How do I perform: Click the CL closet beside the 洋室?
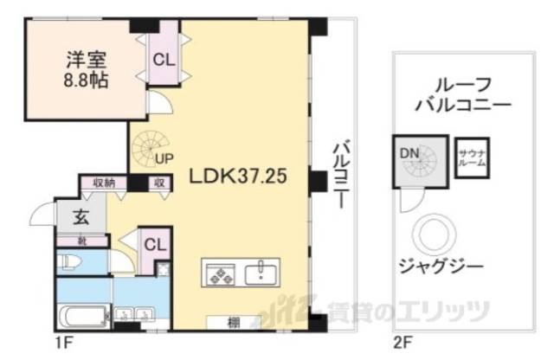[163, 59]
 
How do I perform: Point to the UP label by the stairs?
[164, 158]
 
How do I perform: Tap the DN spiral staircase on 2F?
[421, 162]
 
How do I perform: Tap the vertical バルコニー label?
[341, 172]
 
